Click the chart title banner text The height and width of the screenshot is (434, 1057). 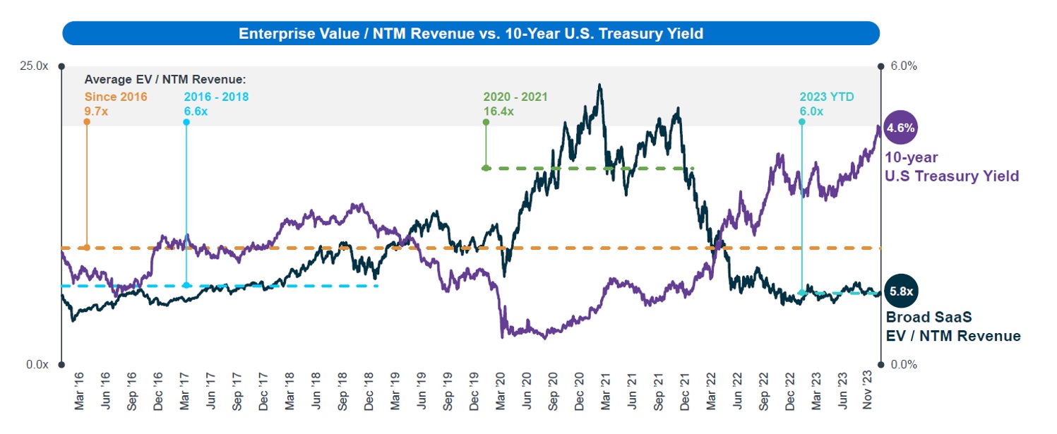[471, 33]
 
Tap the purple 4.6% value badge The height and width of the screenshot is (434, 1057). [901, 128]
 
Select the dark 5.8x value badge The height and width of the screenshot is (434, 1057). [901, 290]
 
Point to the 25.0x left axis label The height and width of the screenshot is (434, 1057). [34, 66]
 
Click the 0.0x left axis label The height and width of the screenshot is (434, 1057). [37, 365]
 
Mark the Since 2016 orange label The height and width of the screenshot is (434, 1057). [116, 97]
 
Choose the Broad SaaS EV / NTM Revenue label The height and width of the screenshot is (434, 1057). [953, 327]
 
